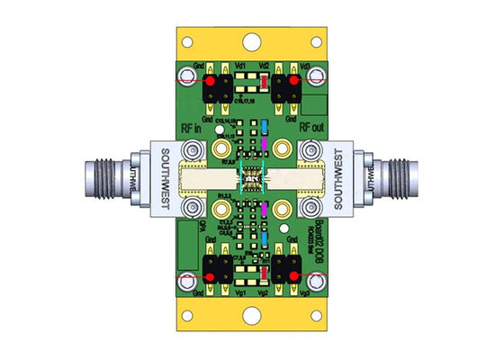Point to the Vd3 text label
(306, 66)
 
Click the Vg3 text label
(306, 293)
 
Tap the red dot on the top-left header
(209, 83)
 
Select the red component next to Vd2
(261, 83)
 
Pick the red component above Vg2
(262, 273)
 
